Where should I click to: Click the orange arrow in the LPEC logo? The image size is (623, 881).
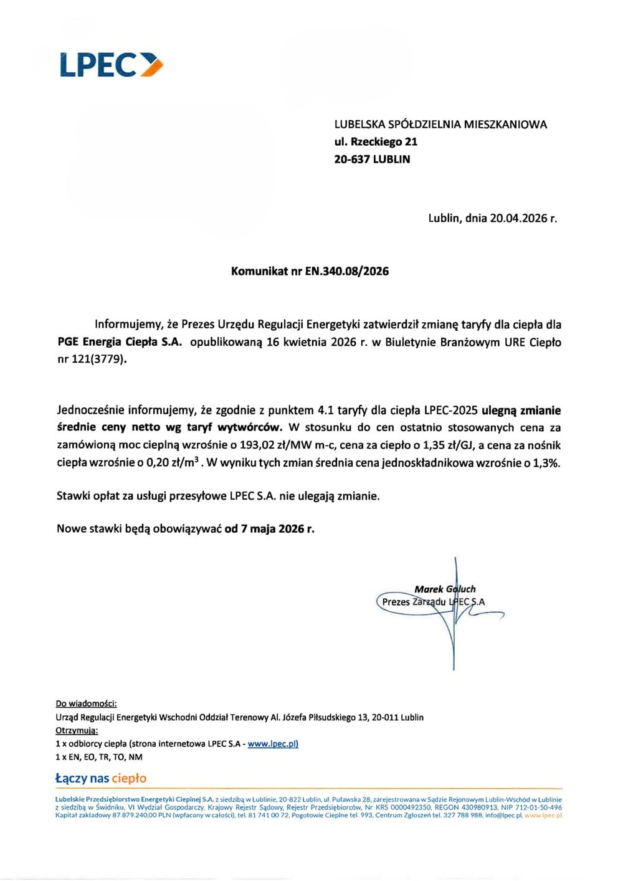pyautogui.click(x=152, y=65)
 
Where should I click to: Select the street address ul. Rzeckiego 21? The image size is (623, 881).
pyautogui.click(x=376, y=142)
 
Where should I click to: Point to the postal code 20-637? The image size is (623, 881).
pyautogui.click(x=352, y=160)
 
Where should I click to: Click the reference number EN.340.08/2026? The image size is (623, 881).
pyautogui.click(x=347, y=272)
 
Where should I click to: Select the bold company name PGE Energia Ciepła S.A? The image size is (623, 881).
pyautogui.click(x=120, y=342)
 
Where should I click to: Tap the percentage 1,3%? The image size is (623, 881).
pyautogui.click(x=546, y=464)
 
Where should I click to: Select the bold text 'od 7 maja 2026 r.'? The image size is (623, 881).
pyautogui.click(x=269, y=529)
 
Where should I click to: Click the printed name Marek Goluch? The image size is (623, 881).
pyautogui.click(x=445, y=589)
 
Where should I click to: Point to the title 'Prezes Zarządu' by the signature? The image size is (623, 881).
pyautogui.click(x=414, y=602)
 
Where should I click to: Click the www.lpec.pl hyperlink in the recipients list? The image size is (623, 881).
pyautogui.click(x=273, y=744)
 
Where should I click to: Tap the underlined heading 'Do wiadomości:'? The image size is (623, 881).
pyautogui.click(x=86, y=704)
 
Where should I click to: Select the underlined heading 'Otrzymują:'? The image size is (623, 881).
pyautogui.click(x=77, y=731)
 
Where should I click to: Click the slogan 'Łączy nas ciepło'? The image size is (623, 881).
pyautogui.click(x=101, y=778)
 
